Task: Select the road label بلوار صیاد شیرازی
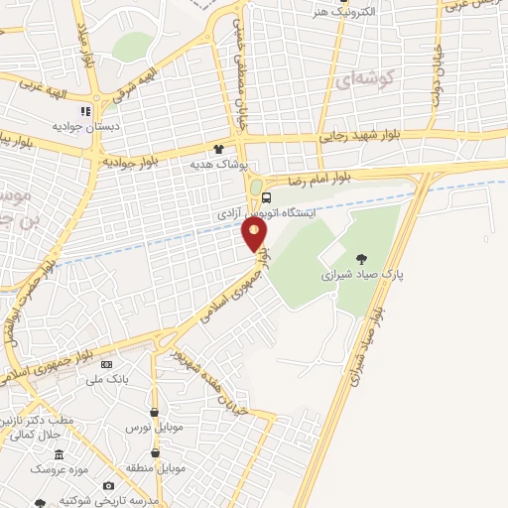click(354, 347)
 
